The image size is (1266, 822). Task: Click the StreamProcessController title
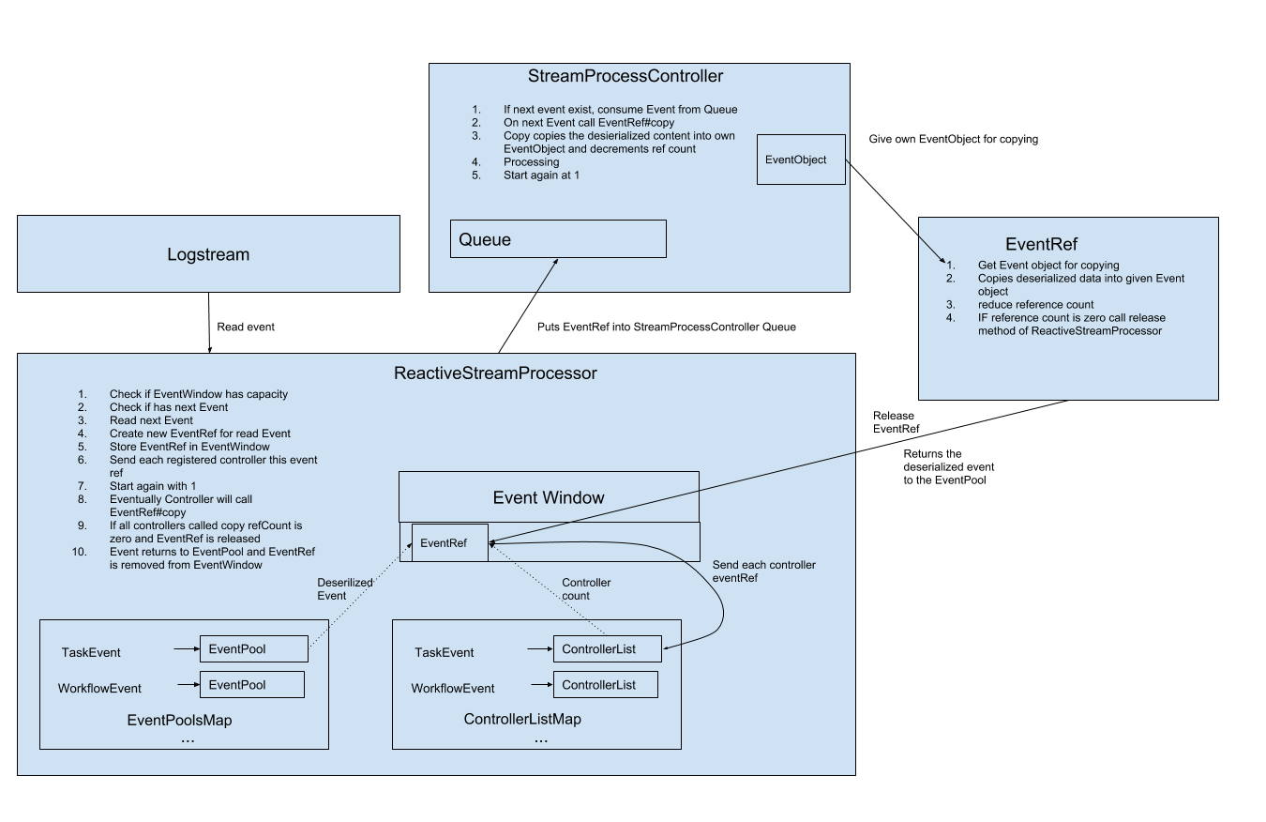(x=625, y=76)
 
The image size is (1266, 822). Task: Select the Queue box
(x=558, y=239)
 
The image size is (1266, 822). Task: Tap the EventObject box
(x=800, y=160)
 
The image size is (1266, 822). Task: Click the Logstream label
(x=208, y=254)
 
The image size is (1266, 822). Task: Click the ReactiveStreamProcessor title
(x=495, y=373)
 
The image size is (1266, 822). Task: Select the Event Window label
(x=549, y=497)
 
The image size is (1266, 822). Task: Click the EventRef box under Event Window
(x=450, y=542)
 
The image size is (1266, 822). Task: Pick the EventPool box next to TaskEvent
(x=253, y=648)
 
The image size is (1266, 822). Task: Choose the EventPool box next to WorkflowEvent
(x=252, y=685)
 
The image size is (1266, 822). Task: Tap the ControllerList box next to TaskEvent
(x=607, y=648)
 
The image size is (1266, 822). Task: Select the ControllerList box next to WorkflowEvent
(x=605, y=685)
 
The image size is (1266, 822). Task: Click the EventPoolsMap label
(x=179, y=721)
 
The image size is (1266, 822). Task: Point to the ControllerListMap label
(x=522, y=720)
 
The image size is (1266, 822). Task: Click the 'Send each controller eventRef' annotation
(x=763, y=571)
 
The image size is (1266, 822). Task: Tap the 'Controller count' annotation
(x=586, y=589)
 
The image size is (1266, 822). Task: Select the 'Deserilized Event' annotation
(x=345, y=589)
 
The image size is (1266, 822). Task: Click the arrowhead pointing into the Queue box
(x=556, y=263)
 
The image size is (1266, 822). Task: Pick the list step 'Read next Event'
(x=151, y=420)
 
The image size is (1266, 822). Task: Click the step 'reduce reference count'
(x=1035, y=304)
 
